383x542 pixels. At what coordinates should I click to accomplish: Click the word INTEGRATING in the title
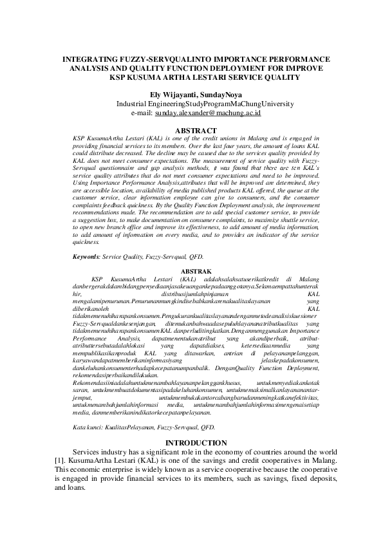coord(88,59)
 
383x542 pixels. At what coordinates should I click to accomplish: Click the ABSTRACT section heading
coord(191,129)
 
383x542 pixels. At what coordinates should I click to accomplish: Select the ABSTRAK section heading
coord(191,271)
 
